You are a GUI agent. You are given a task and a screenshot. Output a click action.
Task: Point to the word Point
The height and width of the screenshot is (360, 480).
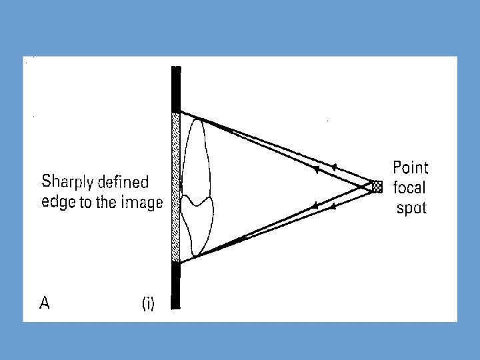411,167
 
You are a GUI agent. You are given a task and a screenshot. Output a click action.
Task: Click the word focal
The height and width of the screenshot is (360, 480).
409,187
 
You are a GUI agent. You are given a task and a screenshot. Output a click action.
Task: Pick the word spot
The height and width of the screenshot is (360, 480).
411,208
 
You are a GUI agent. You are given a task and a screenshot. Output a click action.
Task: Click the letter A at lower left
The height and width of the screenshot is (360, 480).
45,304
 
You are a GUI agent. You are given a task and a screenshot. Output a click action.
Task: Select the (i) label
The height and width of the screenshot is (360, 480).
147,305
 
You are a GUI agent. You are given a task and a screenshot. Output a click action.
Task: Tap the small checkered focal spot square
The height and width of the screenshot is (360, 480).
377,187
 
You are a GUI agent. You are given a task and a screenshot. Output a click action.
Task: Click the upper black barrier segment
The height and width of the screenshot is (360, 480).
176,89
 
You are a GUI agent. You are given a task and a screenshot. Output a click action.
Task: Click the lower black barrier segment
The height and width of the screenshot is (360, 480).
176,285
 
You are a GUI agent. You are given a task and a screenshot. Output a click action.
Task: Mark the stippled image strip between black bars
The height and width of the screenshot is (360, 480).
176,187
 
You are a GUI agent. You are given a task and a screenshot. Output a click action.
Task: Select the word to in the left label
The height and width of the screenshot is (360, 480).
86,203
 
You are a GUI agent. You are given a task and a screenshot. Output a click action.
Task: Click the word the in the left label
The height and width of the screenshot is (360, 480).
107,203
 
